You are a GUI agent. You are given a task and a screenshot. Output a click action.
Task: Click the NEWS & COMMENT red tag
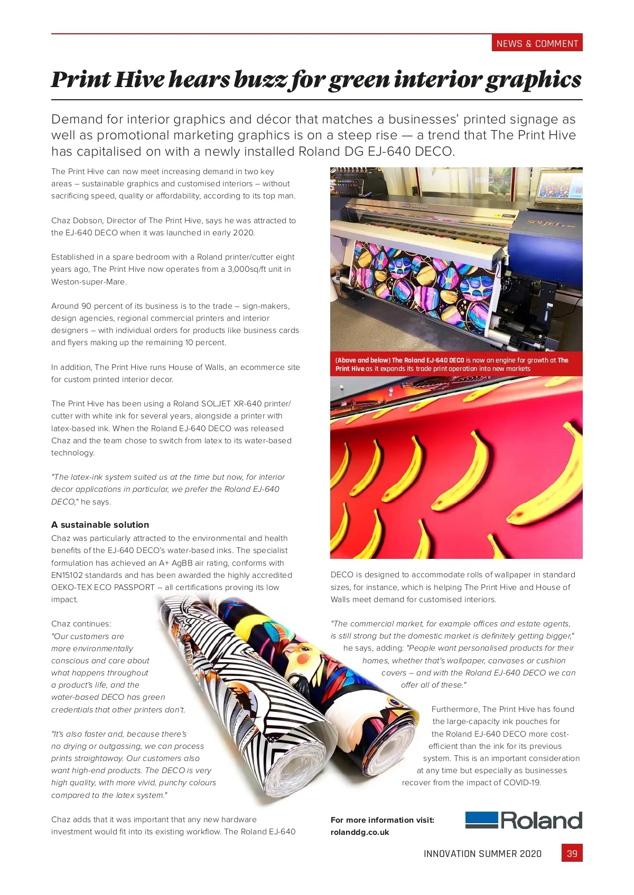[x=537, y=43]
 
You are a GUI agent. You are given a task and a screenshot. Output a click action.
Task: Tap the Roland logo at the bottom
[x=524, y=821]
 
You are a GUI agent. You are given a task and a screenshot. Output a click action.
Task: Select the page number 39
[x=572, y=853]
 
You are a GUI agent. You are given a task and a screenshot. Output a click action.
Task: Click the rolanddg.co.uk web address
[x=360, y=832]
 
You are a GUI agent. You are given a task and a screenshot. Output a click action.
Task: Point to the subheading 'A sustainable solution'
[x=100, y=525]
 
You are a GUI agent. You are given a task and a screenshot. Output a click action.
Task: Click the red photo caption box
[x=456, y=364]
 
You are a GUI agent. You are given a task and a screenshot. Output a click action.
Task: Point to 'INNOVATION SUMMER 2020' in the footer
[x=482, y=854]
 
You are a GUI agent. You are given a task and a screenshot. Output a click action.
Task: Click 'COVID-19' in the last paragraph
[x=521, y=783]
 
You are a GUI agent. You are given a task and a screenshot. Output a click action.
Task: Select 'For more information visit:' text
[x=383, y=820]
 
